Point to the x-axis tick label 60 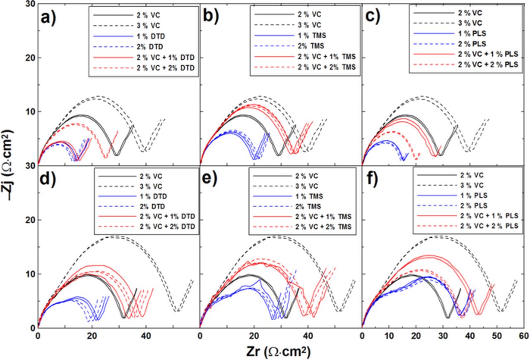click(523, 336)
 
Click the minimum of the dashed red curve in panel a click(106, 157)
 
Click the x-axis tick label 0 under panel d click(38, 336)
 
